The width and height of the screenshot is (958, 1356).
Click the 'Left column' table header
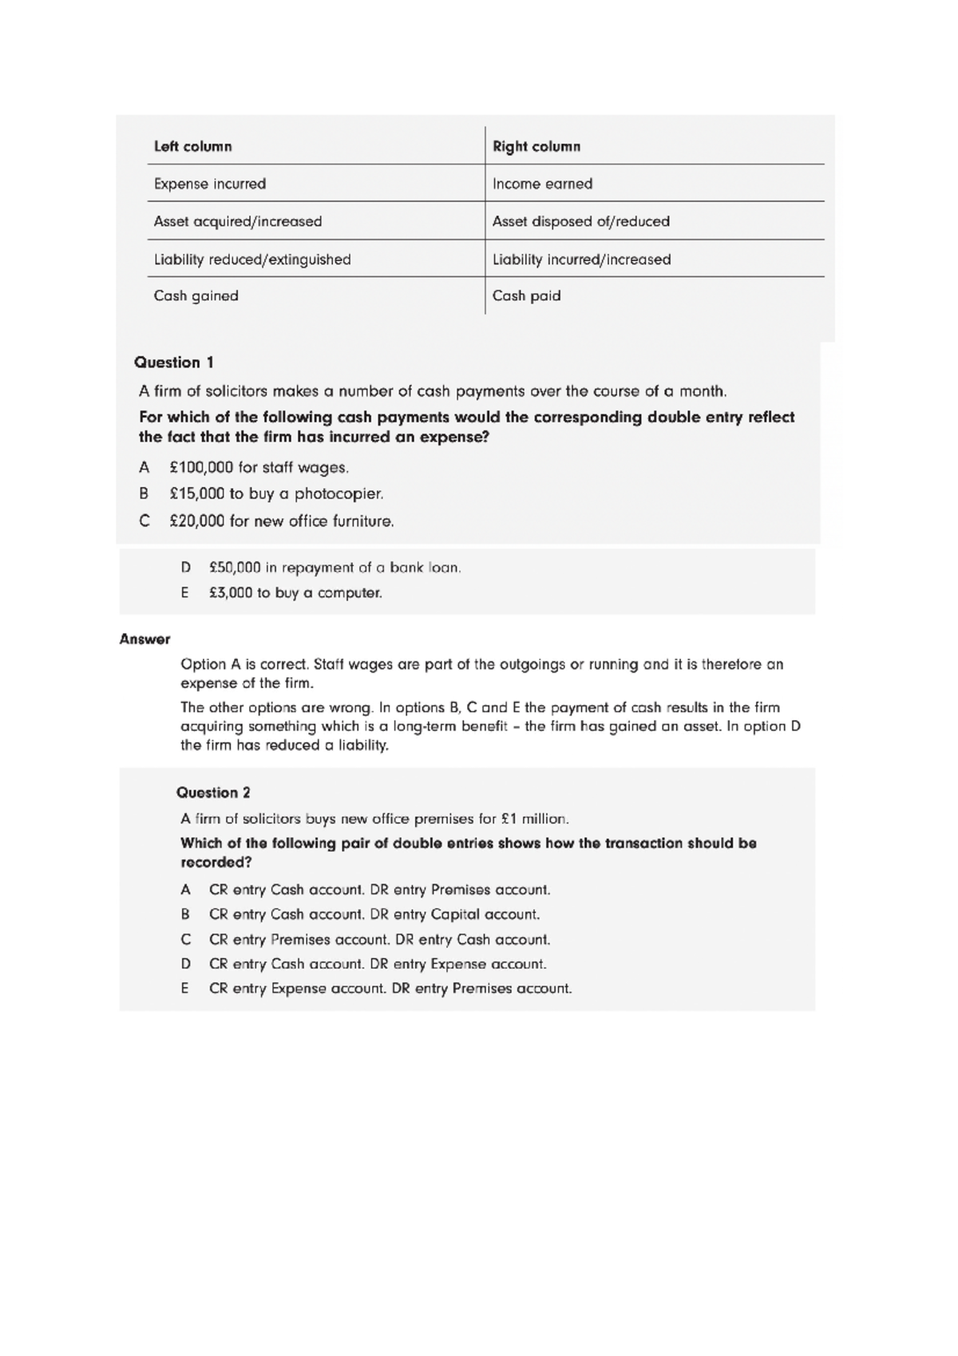coord(192,147)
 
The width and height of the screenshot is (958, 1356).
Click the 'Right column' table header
coord(536,147)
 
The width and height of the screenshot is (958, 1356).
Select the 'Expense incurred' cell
coord(210,184)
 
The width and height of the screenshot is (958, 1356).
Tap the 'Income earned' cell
coord(542,184)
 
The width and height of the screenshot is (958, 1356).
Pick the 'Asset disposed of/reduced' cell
coord(580,221)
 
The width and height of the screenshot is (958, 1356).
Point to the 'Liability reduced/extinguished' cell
coord(252,260)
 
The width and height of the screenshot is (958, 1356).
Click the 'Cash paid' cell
coord(526,295)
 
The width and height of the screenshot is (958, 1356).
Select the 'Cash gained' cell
coord(196,295)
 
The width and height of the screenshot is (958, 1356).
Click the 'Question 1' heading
coord(174,363)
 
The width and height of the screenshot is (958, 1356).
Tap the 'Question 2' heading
coord(213,793)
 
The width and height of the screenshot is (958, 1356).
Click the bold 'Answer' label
coord(144,639)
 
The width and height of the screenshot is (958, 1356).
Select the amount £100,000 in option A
coord(201,467)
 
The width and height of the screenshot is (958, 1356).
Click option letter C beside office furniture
coord(144,521)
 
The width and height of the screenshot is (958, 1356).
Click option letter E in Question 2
coord(185,989)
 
